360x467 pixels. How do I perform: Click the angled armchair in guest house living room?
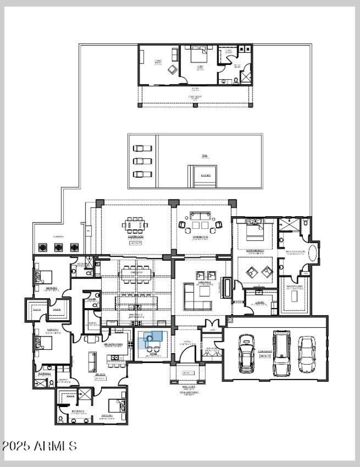point(171,69)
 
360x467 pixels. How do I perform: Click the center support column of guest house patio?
point(195,105)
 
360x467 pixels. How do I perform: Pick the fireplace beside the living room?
point(226,288)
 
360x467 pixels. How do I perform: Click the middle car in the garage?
point(282,353)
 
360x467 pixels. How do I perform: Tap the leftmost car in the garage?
point(247,353)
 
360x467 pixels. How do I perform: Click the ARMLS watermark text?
point(39,446)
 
